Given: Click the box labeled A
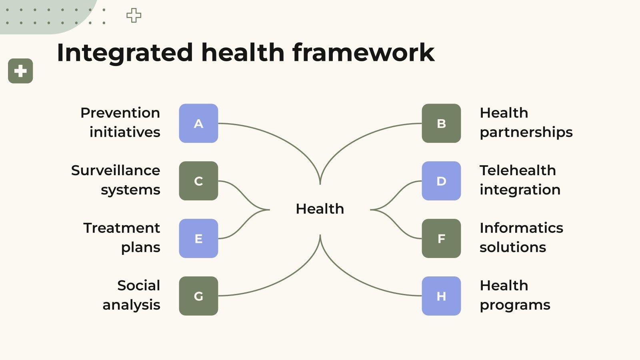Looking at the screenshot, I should [198, 123].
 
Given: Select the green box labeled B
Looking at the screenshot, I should [441, 123].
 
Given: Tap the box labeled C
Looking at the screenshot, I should [198, 181].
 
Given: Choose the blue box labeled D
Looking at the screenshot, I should [441, 181].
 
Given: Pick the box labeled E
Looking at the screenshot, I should [198, 238].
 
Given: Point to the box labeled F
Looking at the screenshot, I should [441, 238].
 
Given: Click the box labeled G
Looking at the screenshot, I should [198, 296].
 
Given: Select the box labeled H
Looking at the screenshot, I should [441, 296].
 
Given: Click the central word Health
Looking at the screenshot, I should [320, 209].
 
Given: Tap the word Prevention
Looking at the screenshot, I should [120, 113].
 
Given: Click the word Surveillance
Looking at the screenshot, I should [116, 170].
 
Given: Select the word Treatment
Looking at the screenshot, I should [122, 228].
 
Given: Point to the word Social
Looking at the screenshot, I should [138, 286].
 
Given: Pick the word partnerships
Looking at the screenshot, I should [526, 132].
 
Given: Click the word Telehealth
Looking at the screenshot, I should [518, 170].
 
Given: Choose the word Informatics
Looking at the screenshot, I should [521, 228].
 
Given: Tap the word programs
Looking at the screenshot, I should [515, 305].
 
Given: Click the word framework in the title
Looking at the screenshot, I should [363, 52].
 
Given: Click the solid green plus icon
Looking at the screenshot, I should [20, 71].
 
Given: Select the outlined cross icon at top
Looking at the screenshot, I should [134, 16].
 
